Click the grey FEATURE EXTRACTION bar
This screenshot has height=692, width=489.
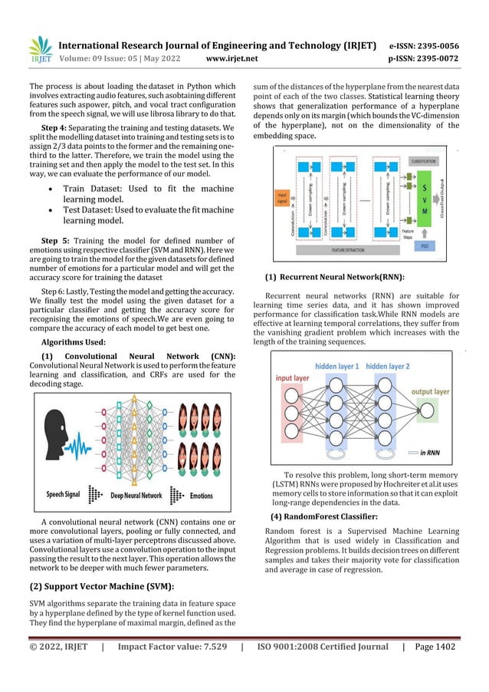pos(349,251)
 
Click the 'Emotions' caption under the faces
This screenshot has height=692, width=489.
pos(201,495)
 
